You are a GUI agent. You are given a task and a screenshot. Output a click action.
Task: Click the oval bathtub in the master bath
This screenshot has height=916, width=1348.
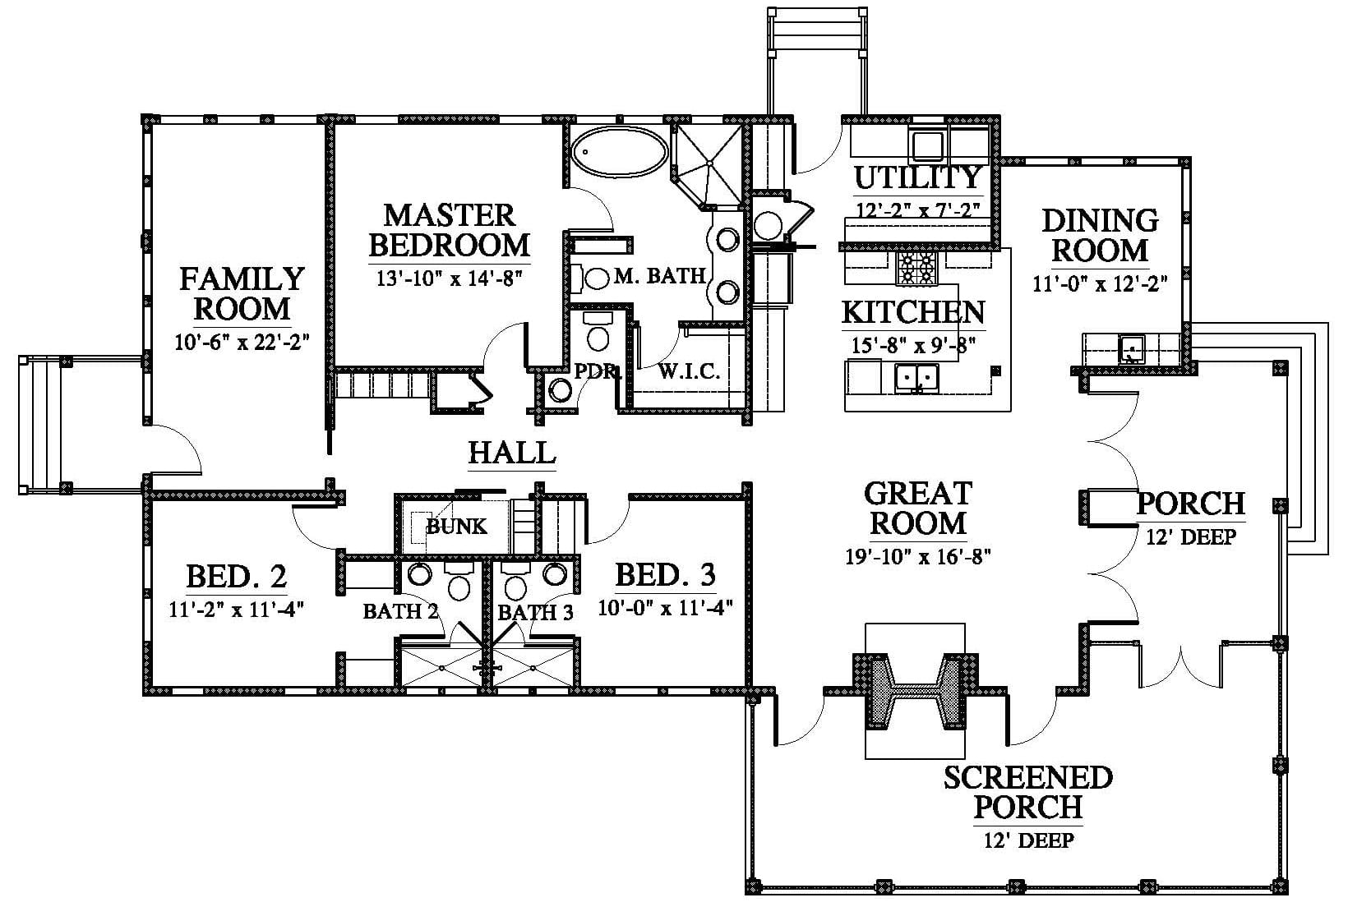619,151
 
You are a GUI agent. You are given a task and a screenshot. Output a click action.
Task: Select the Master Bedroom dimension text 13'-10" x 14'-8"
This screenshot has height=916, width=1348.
449,278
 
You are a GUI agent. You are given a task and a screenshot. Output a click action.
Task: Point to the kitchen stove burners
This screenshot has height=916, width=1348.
917,269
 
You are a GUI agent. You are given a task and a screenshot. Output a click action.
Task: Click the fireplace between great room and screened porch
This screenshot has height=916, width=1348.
915,690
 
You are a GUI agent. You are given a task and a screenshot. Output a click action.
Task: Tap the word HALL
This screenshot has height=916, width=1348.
512,453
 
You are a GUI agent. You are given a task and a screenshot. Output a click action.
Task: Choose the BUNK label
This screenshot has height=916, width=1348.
456,527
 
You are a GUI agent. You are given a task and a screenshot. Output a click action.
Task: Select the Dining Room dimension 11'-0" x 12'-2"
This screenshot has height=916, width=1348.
1100,283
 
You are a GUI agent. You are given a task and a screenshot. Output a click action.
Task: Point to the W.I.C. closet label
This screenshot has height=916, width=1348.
689,371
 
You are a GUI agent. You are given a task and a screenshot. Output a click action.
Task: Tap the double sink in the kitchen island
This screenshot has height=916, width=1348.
916,378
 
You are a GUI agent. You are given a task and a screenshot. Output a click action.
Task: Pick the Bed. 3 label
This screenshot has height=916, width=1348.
666,574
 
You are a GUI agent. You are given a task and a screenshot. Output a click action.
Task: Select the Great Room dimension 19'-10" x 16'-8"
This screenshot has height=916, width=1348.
918,556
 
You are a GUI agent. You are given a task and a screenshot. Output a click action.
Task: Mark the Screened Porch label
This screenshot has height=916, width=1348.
1027,792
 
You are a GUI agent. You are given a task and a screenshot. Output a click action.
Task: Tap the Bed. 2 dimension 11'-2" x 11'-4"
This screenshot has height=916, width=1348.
236,610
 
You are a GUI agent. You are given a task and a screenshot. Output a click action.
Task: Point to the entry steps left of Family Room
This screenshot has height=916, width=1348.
42,426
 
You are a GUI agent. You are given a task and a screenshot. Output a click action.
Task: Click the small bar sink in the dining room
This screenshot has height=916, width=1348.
1131,349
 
